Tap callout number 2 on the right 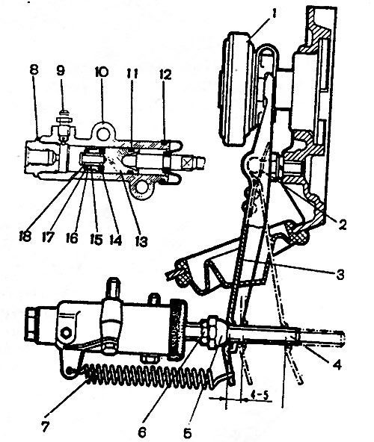pyautogui.click(x=343, y=225)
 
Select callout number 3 pyautogui.click(x=340, y=274)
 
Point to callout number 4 pyautogui.click(x=337, y=364)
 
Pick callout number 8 pyautogui.click(x=34, y=70)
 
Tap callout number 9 pyautogui.click(x=61, y=70)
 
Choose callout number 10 pyautogui.click(x=102, y=72)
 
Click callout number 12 pyautogui.click(x=165, y=75)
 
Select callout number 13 pyautogui.click(x=141, y=242)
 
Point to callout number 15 pyautogui.click(x=96, y=240)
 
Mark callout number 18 pyautogui.click(x=25, y=236)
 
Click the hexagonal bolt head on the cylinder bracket pyautogui.click(x=66, y=333)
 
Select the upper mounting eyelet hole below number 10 pyautogui.click(x=102, y=134)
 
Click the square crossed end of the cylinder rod pyautogui.click(x=187, y=162)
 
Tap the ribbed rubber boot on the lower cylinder pyautogui.click(x=179, y=330)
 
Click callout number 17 pyautogui.click(x=48, y=237)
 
